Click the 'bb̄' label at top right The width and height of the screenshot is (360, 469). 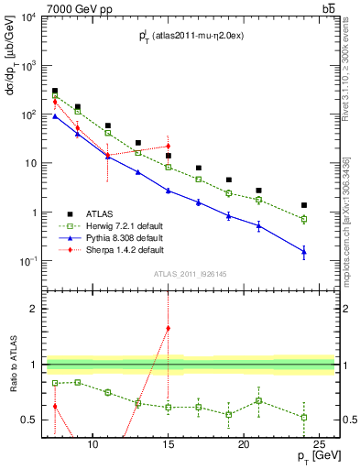pos(327,8)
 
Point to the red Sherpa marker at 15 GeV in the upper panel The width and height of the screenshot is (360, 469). pos(169,146)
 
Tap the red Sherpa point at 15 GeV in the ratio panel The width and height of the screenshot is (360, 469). pos(169,328)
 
